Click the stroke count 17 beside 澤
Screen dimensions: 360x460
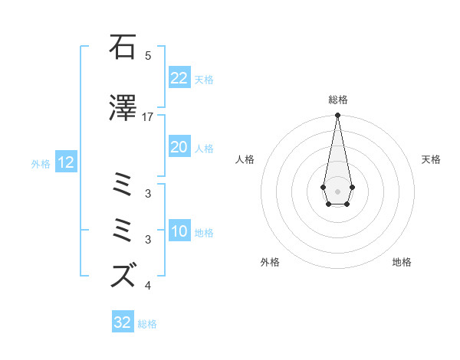click(148, 117)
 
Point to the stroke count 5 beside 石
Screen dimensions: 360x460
click(148, 56)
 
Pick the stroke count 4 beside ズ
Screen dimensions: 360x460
click(148, 286)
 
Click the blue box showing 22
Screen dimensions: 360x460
click(179, 78)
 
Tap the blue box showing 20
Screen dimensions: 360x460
click(179, 147)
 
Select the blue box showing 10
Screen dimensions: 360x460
click(179, 231)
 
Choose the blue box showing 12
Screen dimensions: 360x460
click(65, 162)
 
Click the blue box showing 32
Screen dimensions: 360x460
click(123, 322)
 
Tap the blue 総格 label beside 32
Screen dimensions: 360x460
click(147, 324)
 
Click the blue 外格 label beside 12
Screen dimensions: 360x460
click(41, 163)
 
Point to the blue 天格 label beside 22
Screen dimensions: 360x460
click(204, 79)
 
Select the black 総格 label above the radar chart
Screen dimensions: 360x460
click(337, 100)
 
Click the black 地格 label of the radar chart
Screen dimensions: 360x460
click(402, 262)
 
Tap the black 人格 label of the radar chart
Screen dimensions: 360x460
click(245, 159)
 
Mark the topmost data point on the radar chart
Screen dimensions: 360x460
click(337, 116)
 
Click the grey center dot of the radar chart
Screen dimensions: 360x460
click(337, 190)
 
